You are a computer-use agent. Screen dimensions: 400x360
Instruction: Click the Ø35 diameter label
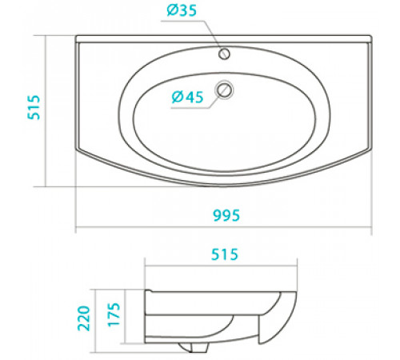tap(182, 10)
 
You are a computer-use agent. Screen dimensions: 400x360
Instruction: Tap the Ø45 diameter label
tap(187, 97)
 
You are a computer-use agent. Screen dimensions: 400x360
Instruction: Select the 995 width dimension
tap(226, 215)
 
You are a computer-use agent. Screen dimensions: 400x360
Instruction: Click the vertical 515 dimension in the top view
tap(34, 107)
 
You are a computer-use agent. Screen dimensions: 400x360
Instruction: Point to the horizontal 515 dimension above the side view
tap(225, 254)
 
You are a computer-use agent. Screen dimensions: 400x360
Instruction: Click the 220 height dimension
tap(84, 318)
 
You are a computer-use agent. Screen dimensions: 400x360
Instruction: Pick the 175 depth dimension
tap(114, 314)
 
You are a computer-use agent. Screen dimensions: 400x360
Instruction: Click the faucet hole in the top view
tap(224, 54)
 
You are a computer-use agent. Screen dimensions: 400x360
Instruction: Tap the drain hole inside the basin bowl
tap(224, 90)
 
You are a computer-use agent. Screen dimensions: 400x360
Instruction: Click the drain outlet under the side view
tap(193, 347)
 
